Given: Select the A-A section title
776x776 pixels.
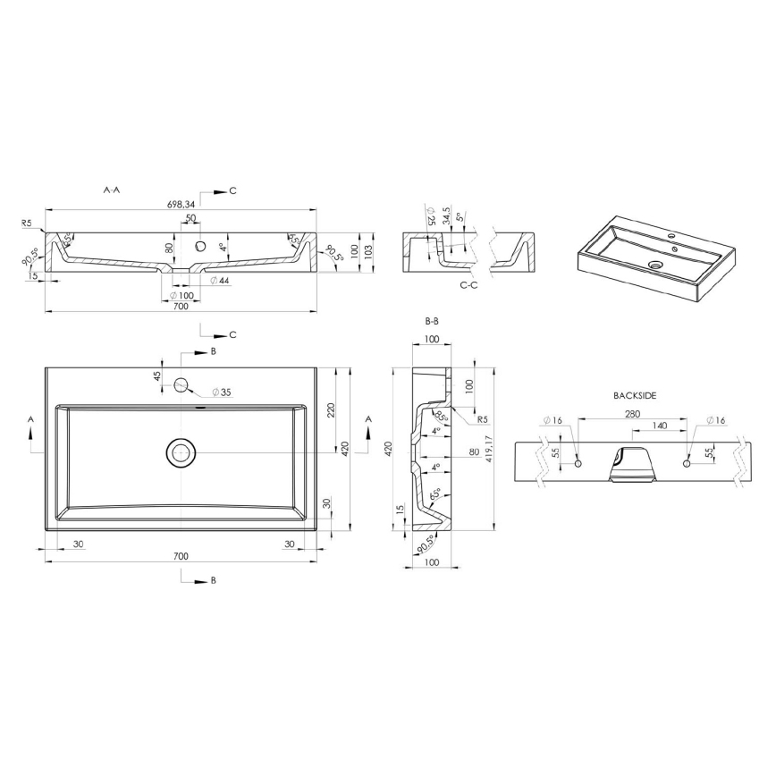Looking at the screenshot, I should click(113, 190).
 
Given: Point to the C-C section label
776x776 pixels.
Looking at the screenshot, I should click(468, 285).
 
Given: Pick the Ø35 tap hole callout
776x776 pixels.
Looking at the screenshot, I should click(222, 392).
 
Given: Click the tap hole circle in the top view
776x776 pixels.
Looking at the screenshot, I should click(181, 385).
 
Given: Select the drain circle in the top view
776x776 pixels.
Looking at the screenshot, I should click(181, 452).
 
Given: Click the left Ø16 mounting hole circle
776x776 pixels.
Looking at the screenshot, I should click(578, 464).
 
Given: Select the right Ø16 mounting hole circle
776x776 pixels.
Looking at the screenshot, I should click(687, 463).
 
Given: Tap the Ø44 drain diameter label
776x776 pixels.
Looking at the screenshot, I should click(219, 281).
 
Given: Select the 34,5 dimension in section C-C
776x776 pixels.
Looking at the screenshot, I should click(445, 219).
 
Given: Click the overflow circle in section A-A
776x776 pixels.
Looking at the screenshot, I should click(201, 245).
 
